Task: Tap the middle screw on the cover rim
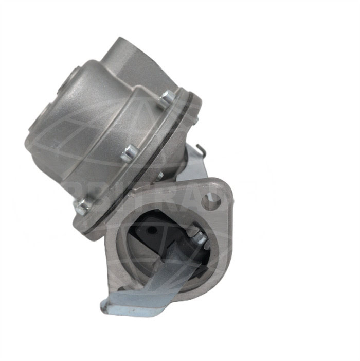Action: pyautogui.click(x=130, y=152)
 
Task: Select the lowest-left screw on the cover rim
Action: pyautogui.click(x=82, y=207)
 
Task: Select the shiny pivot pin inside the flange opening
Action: pyautogui.click(x=198, y=237)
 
